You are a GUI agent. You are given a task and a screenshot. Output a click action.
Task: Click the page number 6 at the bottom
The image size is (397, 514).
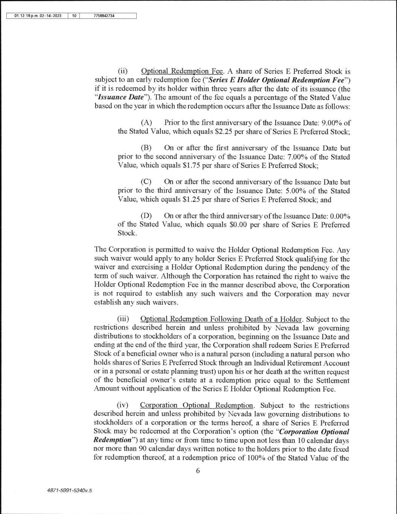(198, 470)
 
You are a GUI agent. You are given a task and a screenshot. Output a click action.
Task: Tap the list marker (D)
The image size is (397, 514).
(146, 216)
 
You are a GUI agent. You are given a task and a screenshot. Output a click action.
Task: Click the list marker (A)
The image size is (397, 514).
(146, 123)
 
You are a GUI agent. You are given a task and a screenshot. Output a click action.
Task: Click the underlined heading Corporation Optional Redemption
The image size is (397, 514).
(196, 405)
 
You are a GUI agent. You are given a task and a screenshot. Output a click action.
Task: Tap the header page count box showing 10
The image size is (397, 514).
(74, 16)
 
